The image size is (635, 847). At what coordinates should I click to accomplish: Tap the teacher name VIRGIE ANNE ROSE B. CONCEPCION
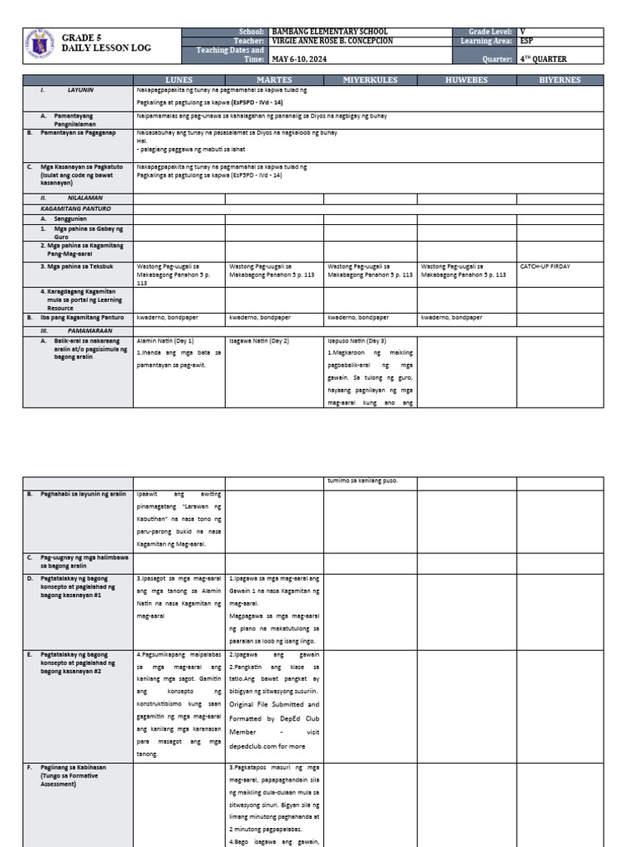(332, 41)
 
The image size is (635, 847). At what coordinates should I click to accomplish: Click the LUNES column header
(179, 80)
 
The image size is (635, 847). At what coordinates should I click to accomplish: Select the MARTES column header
(274, 80)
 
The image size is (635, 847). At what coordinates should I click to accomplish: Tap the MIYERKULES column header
(370, 80)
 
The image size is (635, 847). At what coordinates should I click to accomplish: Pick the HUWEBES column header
(466, 80)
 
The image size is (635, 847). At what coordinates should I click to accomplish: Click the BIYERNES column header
(560, 80)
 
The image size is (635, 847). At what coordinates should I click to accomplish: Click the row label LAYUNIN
(80, 88)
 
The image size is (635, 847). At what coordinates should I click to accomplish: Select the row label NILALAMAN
(79, 199)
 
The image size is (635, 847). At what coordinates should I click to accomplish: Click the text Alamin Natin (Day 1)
(165, 340)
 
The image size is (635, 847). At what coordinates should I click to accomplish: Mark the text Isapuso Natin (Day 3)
(356, 340)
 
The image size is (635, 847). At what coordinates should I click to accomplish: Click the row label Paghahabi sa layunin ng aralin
(83, 494)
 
